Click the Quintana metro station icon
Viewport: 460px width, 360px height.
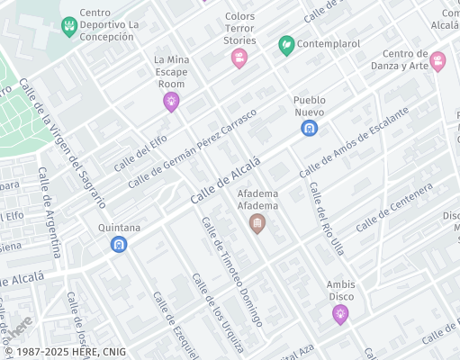pyautogui.click(x=118, y=244)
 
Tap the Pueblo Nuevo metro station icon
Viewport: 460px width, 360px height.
pyautogui.click(x=309, y=129)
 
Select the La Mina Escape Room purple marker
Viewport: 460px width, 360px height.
pyautogui.click(x=171, y=102)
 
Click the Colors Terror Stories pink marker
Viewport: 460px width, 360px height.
pyautogui.click(x=239, y=58)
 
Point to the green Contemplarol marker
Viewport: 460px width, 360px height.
pyautogui.click(x=286, y=43)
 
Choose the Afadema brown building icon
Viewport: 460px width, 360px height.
pyautogui.click(x=257, y=222)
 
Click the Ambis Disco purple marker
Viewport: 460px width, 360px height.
pyautogui.click(x=340, y=313)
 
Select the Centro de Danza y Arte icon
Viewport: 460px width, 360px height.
pyautogui.click(x=438, y=61)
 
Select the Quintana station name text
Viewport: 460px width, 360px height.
pyautogui.click(x=119, y=228)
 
